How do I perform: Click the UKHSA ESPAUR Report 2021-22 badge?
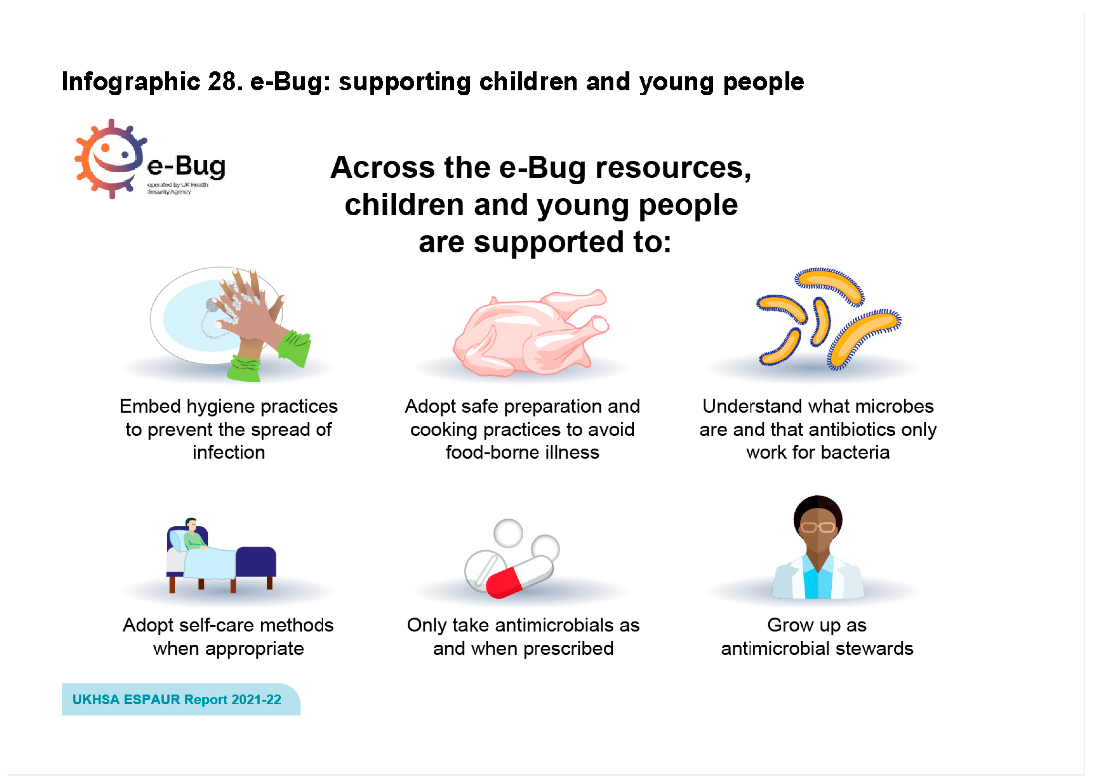tap(181, 699)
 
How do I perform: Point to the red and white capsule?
tap(519, 576)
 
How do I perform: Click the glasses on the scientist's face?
tap(818, 527)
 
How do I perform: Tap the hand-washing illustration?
tap(230, 323)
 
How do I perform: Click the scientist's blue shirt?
tap(817, 581)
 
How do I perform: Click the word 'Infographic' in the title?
tap(130, 81)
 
